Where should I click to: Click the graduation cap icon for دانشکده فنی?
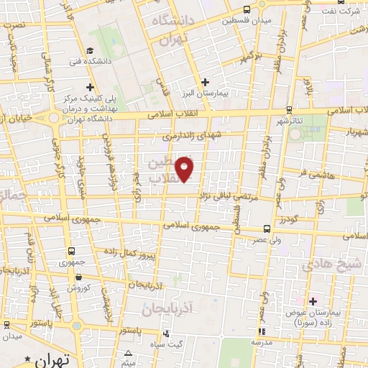coord(90,50)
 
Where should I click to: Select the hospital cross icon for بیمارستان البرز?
coord(206,82)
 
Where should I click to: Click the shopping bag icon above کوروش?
coord(78,277)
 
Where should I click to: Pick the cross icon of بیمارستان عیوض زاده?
coord(313,300)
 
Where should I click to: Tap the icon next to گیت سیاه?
coord(167,333)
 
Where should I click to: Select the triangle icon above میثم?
coord(129,352)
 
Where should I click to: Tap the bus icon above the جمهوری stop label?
coord(71,251)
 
